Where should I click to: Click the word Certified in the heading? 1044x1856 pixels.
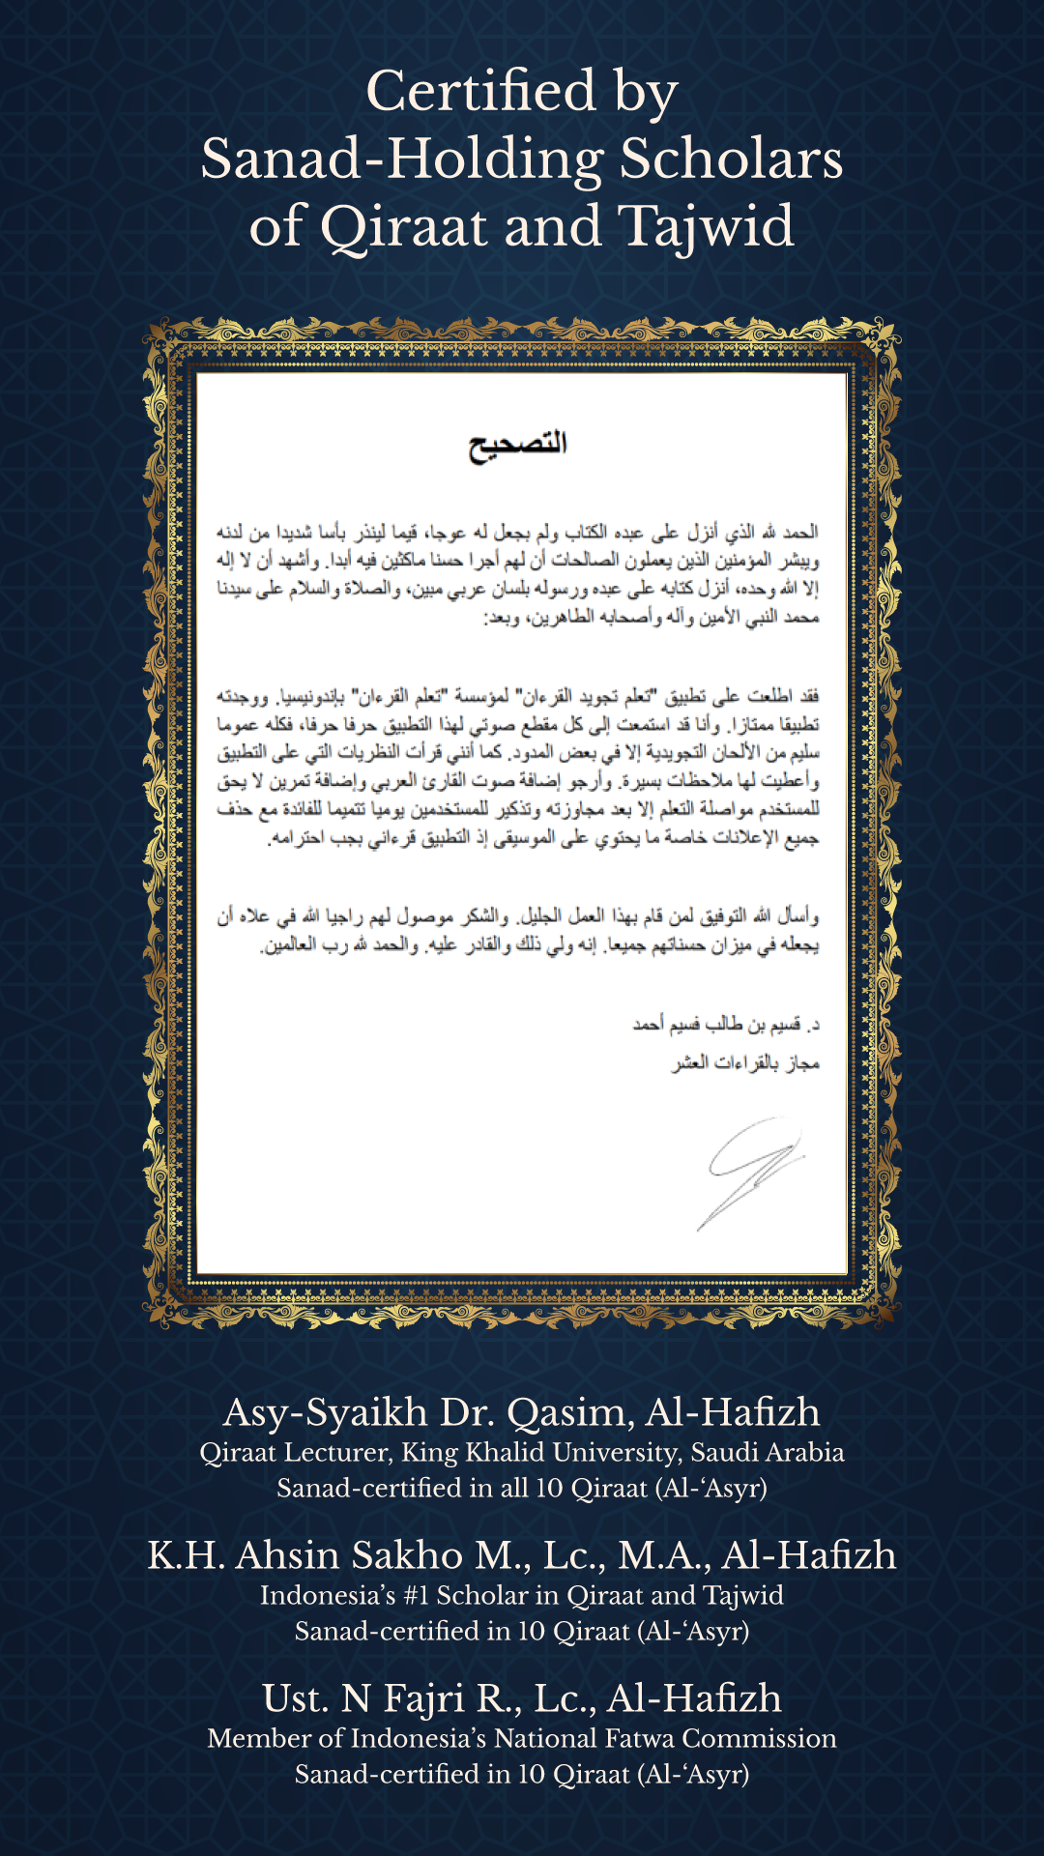pyautogui.click(x=480, y=92)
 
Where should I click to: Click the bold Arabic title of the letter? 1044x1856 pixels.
pyautogui.click(x=518, y=446)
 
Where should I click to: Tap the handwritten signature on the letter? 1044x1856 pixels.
pyautogui.click(x=753, y=1169)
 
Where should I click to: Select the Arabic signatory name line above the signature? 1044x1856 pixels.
pyautogui.click(x=726, y=1024)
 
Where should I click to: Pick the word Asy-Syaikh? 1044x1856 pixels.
pyautogui.click(x=325, y=1413)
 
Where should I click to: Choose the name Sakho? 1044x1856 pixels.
pyautogui.click(x=407, y=1556)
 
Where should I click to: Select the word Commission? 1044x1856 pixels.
pyautogui.click(x=768, y=1739)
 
